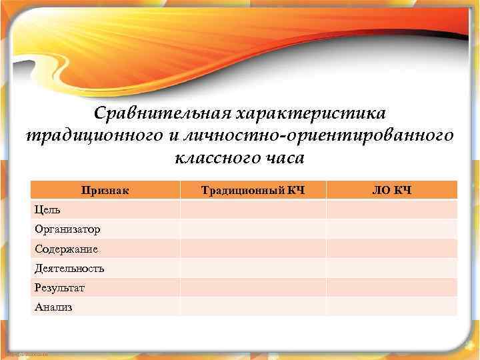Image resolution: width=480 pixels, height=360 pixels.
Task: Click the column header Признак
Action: point(105,191)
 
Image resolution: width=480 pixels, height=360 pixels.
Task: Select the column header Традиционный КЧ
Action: point(253,191)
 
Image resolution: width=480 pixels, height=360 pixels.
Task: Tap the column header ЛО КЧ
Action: point(391,191)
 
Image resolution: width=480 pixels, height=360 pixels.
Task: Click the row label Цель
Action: point(47,210)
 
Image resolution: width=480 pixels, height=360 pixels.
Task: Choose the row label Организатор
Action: point(67,229)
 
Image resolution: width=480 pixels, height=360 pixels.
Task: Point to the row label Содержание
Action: point(66,249)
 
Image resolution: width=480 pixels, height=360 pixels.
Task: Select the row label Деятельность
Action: point(69,269)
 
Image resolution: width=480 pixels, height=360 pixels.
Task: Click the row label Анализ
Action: point(53,307)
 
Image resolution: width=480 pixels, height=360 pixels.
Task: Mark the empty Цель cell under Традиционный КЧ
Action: point(253,210)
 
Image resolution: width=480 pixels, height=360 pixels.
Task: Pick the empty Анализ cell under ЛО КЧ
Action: point(391,307)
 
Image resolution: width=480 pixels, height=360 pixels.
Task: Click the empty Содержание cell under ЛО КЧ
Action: point(391,249)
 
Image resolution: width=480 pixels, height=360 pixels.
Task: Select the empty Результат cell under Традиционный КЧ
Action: point(253,288)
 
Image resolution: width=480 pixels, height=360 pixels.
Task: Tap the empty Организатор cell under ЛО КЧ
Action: point(391,229)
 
